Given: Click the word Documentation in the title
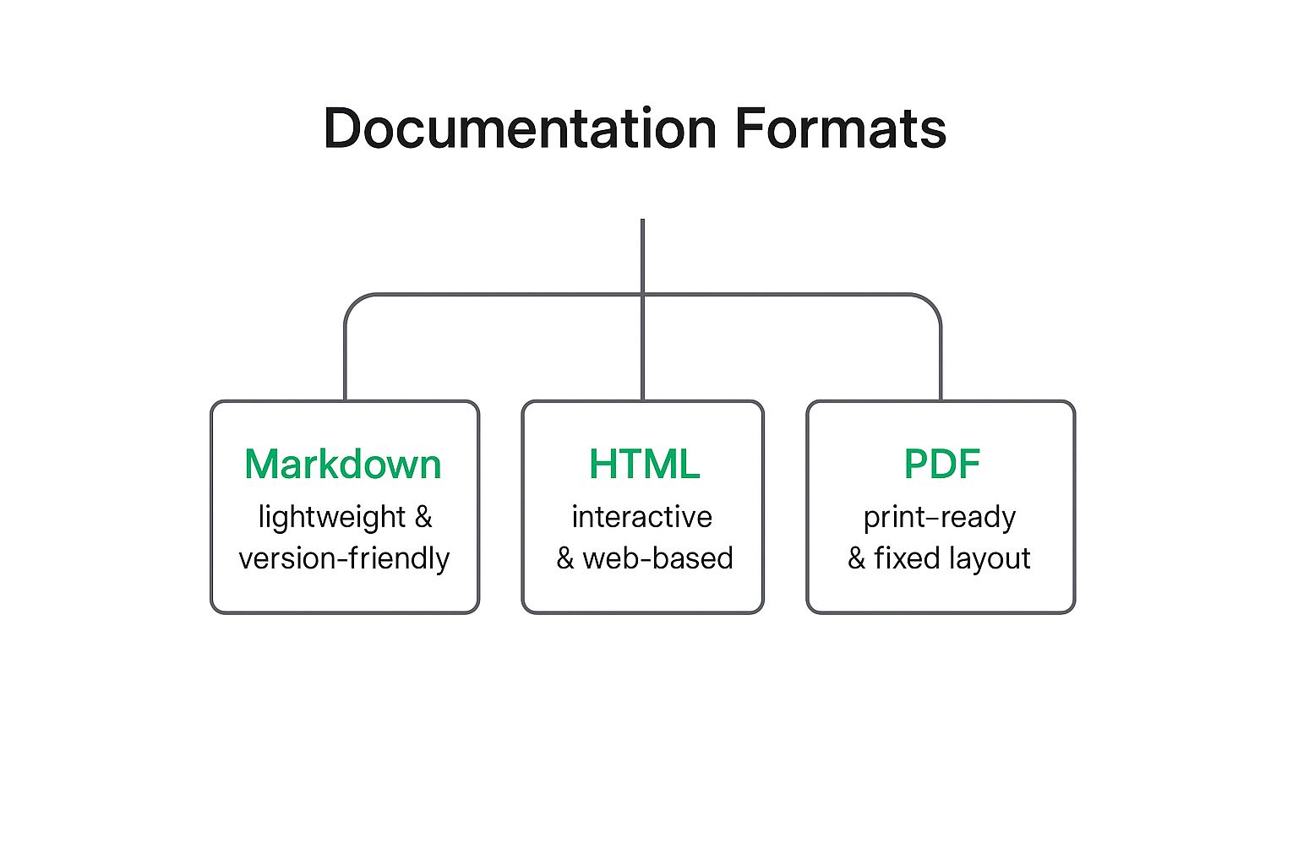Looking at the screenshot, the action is tap(520, 128).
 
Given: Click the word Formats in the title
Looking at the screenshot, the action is tap(841, 128).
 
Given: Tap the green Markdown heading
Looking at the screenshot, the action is tap(343, 464).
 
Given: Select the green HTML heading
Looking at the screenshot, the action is tap(645, 464).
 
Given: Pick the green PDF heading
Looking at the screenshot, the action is tap(942, 464).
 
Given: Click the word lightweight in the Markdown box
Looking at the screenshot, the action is tap(332, 517).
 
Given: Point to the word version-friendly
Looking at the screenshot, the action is tap(344, 558).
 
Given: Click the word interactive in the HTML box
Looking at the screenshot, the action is tap(642, 517).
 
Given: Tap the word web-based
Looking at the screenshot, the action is tap(658, 558).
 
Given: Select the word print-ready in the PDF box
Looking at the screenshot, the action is tap(940, 518).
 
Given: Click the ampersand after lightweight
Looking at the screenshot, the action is tap(423, 516).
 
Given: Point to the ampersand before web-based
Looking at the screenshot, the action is tap(565, 558).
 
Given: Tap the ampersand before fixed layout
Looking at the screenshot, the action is tap(856, 558).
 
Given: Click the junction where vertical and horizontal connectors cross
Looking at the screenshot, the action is tap(642, 295).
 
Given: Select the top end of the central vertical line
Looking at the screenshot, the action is tap(642, 220).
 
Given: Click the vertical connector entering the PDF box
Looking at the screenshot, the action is tap(941, 365).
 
